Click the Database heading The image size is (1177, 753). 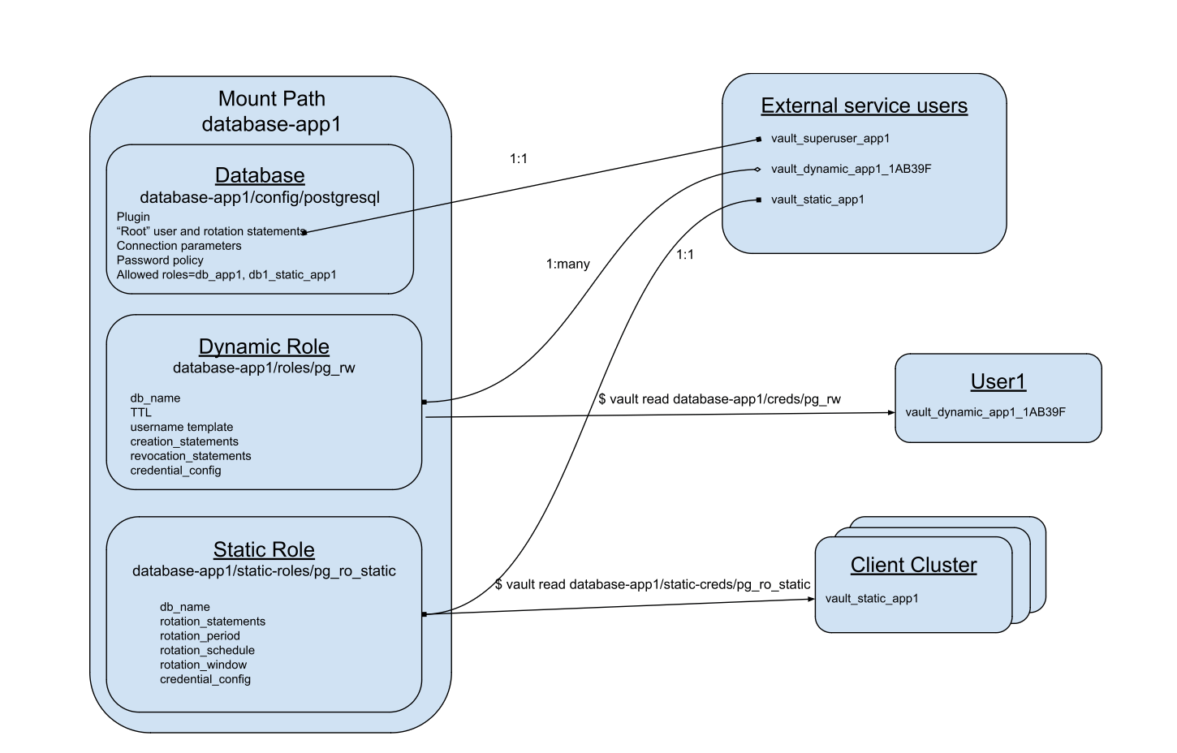pos(260,175)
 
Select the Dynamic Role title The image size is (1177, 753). pos(264,346)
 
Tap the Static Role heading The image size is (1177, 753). pos(264,549)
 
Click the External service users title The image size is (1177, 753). pos(864,105)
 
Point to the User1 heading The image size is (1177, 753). pos(998,381)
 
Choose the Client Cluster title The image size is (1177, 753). pos(913,565)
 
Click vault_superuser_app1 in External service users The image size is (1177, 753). pos(830,139)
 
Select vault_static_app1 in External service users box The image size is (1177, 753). pos(817,200)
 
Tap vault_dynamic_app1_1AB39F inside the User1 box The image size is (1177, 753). pos(985,412)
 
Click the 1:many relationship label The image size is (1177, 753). pos(567,264)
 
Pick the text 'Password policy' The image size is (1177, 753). pos(160,260)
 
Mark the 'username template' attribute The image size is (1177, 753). pos(181,427)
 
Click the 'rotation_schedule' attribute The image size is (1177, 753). pos(207,650)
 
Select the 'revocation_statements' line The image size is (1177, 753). pos(190,456)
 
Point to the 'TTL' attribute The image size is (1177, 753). pos(140,412)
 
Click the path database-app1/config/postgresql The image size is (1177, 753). pos(260,197)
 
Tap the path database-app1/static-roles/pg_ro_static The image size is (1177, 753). pos(264,570)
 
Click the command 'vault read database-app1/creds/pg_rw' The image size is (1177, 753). pos(719,399)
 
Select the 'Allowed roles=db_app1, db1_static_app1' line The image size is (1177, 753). pos(226,275)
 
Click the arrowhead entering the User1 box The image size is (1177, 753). pos(890,413)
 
